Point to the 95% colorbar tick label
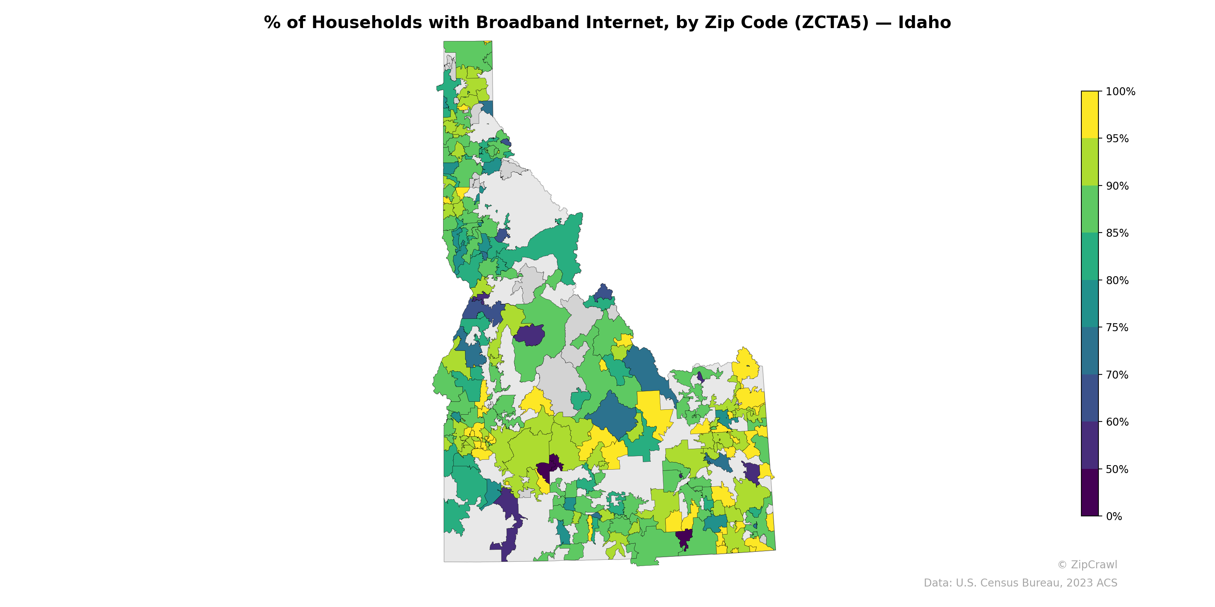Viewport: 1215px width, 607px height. tap(1117, 139)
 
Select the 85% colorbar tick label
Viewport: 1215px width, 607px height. tap(1117, 233)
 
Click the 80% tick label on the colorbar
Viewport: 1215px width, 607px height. tap(1117, 280)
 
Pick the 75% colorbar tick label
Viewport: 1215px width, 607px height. tap(1117, 327)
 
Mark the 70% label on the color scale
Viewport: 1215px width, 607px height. tap(1117, 375)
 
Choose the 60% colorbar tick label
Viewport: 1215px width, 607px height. tap(1117, 422)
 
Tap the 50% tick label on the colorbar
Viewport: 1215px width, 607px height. tap(1117, 469)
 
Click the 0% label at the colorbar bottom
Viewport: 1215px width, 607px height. tap(1114, 516)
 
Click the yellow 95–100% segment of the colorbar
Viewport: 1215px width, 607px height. tap(1090, 115)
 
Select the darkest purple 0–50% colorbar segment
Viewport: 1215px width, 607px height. tap(1090, 492)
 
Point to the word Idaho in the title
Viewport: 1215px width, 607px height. tap(925, 23)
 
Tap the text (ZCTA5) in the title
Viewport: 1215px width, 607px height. tap(832, 23)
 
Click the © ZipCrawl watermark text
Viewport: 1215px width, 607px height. tap(1087, 565)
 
